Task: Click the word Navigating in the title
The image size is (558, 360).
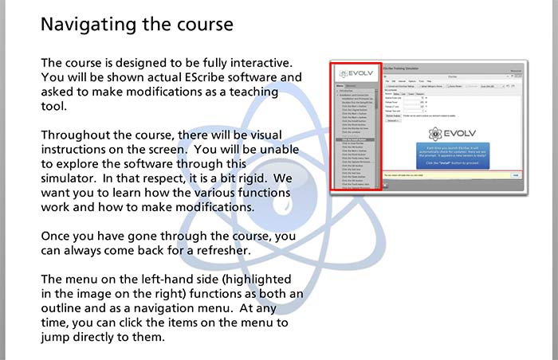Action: (88, 25)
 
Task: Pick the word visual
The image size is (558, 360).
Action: (264, 135)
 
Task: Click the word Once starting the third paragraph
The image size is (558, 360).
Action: (58, 237)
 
